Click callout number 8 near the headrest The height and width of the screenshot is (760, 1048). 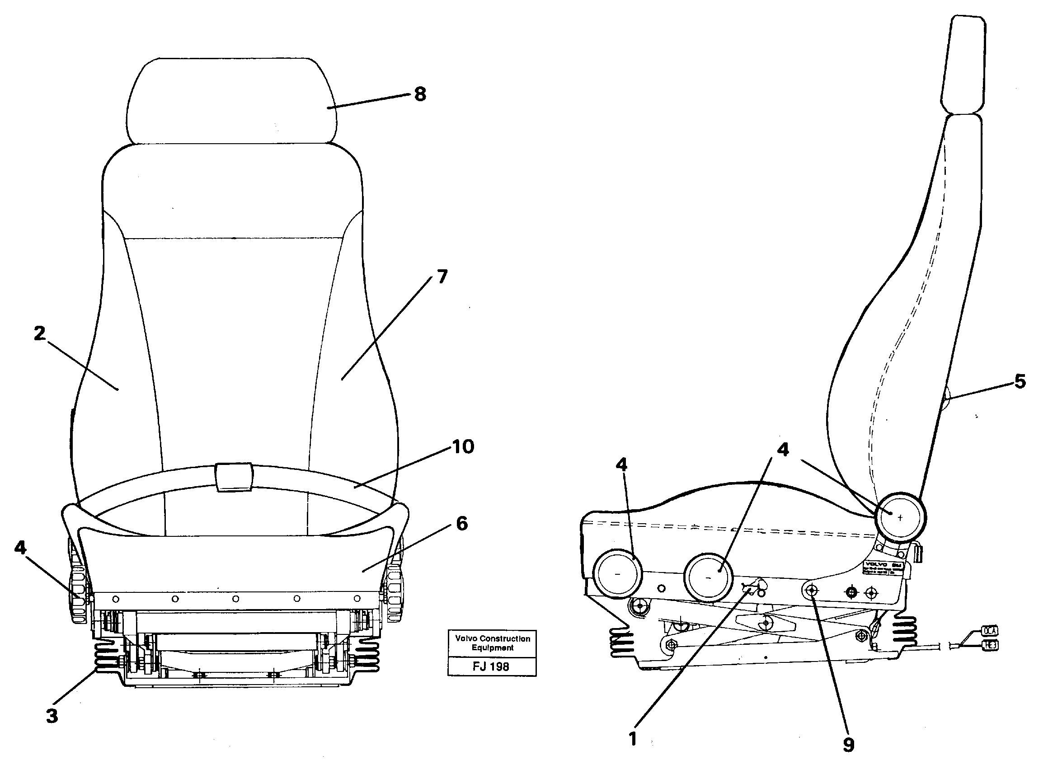(419, 94)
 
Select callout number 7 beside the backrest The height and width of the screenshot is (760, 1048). (442, 277)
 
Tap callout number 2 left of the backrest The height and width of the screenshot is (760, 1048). (40, 333)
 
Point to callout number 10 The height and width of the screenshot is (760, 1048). (463, 447)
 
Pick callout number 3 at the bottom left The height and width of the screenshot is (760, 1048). (52, 716)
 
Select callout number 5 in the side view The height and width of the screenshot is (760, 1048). (1020, 382)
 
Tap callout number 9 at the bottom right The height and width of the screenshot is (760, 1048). (848, 744)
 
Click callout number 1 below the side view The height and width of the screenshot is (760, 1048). (633, 738)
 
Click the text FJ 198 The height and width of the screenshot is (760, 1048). (491, 666)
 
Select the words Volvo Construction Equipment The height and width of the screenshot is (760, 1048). (493, 643)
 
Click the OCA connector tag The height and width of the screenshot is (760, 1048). (990, 631)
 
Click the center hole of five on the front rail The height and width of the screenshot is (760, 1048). (235, 599)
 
